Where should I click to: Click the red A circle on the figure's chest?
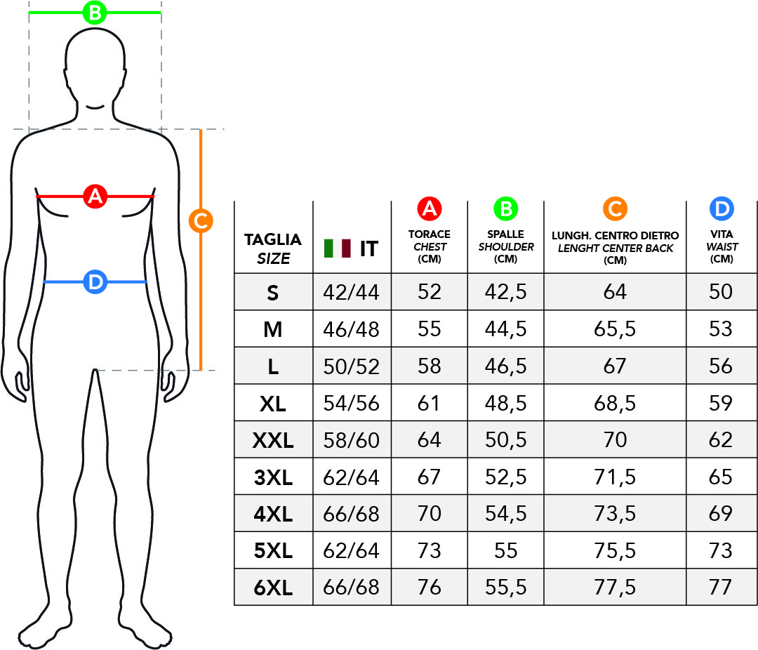[x=95, y=197]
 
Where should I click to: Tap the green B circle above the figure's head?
[x=95, y=13]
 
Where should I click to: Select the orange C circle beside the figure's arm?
[x=201, y=221]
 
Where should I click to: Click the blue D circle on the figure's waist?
[x=95, y=282]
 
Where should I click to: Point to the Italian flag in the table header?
[x=338, y=248]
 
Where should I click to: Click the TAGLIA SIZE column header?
[x=273, y=248]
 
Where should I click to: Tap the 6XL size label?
[x=273, y=588]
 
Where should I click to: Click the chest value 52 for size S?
[x=430, y=291]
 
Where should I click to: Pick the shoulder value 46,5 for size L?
[x=505, y=366]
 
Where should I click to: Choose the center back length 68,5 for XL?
[x=615, y=404]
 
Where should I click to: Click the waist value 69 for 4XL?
[x=721, y=513]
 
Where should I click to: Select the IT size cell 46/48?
[x=352, y=329]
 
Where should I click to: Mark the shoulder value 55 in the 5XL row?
[x=505, y=550]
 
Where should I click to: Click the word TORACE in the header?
[x=430, y=234]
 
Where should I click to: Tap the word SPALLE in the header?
[x=505, y=234]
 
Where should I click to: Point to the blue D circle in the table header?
[x=722, y=209]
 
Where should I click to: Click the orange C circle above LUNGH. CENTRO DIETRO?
[x=615, y=209]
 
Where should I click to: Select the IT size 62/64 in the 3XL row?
[x=352, y=478]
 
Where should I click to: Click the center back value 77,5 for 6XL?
[x=615, y=588]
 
